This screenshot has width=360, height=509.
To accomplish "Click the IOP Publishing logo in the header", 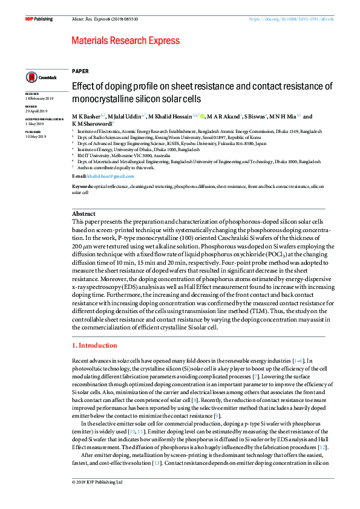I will pyautogui.click(x=38, y=19).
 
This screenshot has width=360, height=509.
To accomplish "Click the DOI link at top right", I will pyautogui.click(x=292, y=19).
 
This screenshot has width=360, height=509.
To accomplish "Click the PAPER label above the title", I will pyautogui.click(x=80, y=71).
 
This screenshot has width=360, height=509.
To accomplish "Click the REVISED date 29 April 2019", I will pyautogui.click(x=36, y=112).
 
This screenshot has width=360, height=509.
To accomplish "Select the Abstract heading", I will pyautogui.click(x=83, y=214).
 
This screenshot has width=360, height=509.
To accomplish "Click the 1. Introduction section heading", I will pyautogui.click(x=94, y=346).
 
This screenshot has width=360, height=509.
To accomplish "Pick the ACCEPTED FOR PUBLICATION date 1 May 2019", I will pyautogui.click(x=34, y=124).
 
